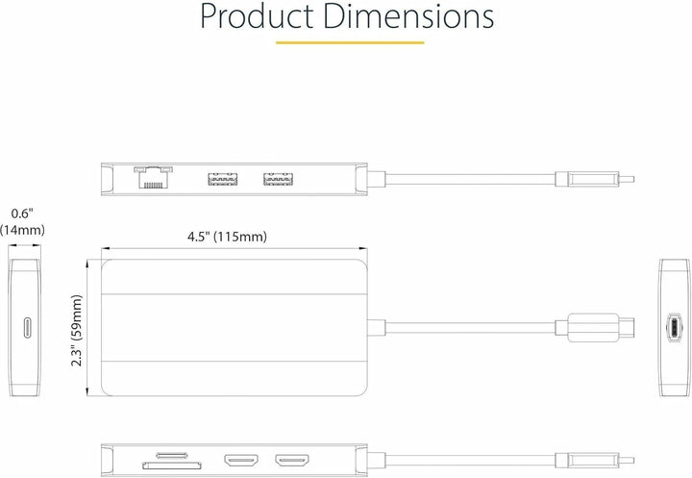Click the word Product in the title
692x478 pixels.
[x=257, y=16]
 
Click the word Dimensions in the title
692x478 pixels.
[x=408, y=16]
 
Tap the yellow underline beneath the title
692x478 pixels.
[x=350, y=43]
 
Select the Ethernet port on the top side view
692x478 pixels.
[x=153, y=177]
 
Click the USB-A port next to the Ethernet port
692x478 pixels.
[x=223, y=179]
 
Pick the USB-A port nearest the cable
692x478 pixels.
[x=279, y=179]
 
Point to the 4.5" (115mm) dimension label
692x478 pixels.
[x=227, y=237]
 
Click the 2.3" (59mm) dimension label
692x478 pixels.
[x=77, y=331]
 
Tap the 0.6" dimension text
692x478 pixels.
[x=22, y=214]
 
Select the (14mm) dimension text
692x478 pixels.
[x=22, y=230]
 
